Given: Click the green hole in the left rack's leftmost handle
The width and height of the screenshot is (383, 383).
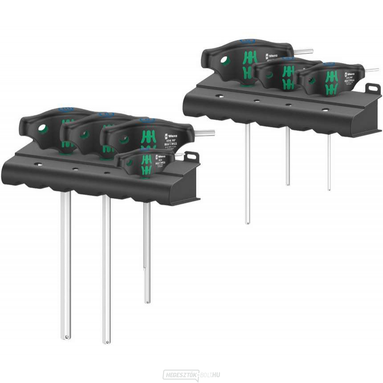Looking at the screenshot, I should (x=43, y=129).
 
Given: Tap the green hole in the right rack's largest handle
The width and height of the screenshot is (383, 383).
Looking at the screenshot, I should (x=226, y=61).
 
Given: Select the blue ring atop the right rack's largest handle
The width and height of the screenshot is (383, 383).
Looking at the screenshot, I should (x=247, y=41).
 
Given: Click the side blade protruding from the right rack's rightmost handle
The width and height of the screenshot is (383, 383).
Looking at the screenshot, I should (x=371, y=69).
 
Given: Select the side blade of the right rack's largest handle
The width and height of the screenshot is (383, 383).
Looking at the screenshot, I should (x=303, y=51).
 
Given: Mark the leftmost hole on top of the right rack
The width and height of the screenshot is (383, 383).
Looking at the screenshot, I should (x=219, y=95).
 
